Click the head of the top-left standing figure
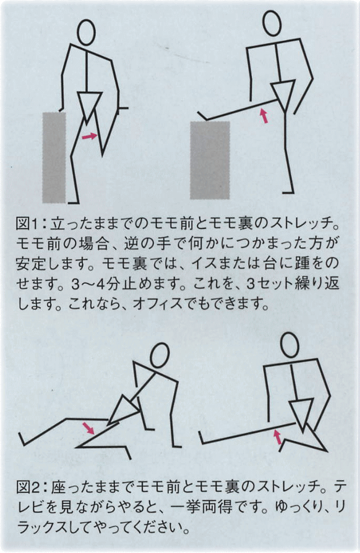point(86,32)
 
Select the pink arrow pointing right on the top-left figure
point(89,136)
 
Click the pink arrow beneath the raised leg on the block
point(264,116)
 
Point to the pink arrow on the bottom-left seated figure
point(88,428)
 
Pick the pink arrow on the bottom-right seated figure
point(277,437)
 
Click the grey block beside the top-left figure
point(54,158)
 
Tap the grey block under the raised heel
point(210,160)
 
